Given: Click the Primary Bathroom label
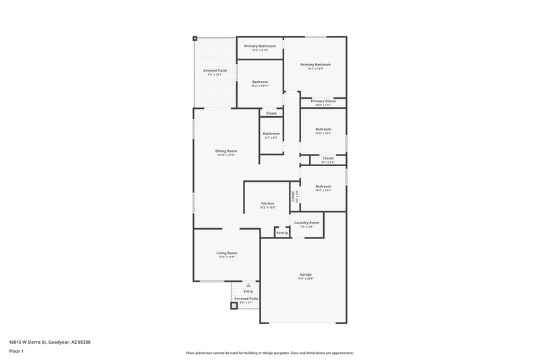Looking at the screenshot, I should [259, 46].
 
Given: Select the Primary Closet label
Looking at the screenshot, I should [323, 101].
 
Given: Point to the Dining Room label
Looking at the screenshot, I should [226, 151].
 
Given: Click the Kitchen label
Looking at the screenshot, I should [267, 203].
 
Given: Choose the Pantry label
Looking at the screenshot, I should [282, 232].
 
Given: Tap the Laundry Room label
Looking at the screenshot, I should [307, 222].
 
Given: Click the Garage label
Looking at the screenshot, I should [306, 274].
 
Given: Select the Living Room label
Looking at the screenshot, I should [227, 253].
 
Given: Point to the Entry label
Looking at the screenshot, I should [248, 291].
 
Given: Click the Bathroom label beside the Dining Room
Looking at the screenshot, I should [271, 134].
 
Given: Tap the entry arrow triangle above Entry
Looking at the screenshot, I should [248, 285].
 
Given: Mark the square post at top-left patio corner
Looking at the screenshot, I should [195, 38].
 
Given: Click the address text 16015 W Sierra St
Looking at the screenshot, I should [49, 342].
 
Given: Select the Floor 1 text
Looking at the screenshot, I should [16, 352].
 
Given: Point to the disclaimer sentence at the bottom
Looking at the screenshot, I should [270, 353].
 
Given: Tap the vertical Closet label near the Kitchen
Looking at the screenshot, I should [293, 196].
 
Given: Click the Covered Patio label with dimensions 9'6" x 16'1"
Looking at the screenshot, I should [215, 70].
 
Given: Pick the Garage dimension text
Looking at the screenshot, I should [306, 278].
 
